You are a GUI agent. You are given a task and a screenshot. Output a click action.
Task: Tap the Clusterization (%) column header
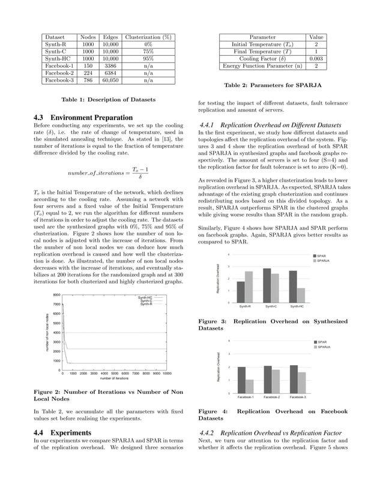coord(148,37)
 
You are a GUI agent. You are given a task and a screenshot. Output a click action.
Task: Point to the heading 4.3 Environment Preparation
coord(82,117)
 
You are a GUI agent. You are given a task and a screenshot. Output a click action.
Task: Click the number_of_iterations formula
coord(107,173)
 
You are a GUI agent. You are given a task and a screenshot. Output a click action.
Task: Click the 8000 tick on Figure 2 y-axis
coord(56,295)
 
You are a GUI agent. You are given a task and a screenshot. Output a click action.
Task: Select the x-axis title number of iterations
coord(114,379)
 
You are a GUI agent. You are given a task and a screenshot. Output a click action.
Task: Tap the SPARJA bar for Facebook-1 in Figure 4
coord(250,386)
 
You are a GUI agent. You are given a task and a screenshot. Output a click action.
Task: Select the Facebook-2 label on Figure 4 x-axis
coord(271,397)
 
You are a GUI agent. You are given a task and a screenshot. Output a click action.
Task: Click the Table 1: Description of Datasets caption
coord(109,100)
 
